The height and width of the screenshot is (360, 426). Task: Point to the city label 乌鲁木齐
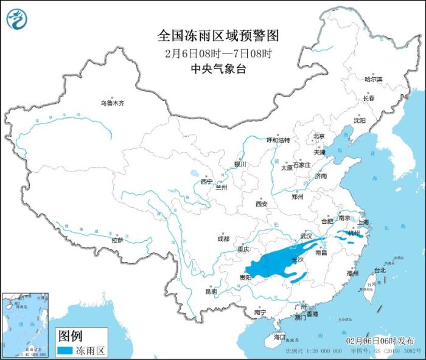click(x=112, y=104)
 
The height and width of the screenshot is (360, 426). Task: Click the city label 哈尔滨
click(x=373, y=80)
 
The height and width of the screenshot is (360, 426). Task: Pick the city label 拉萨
click(x=117, y=240)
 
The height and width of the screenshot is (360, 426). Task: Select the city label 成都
click(x=223, y=239)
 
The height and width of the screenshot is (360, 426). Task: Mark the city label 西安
click(x=262, y=204)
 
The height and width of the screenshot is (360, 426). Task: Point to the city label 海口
click(x=279, y=336)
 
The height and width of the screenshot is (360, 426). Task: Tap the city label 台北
click(x=380, y=270)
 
